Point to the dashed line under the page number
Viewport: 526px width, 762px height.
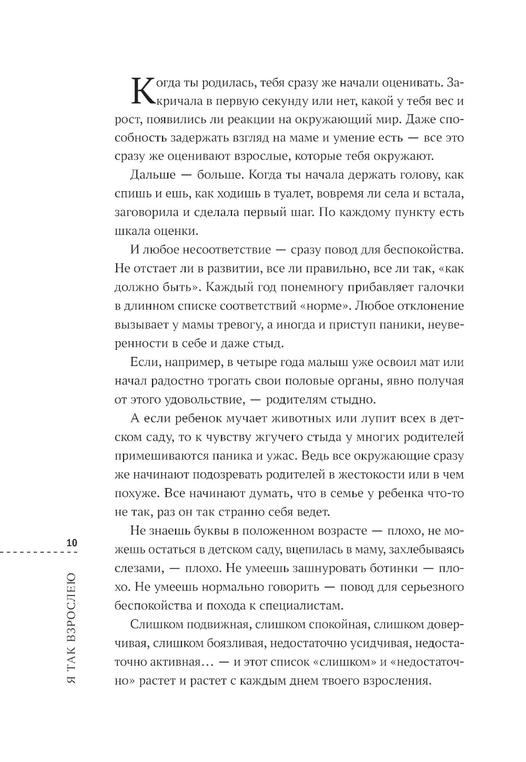click(x=39, y=552)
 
